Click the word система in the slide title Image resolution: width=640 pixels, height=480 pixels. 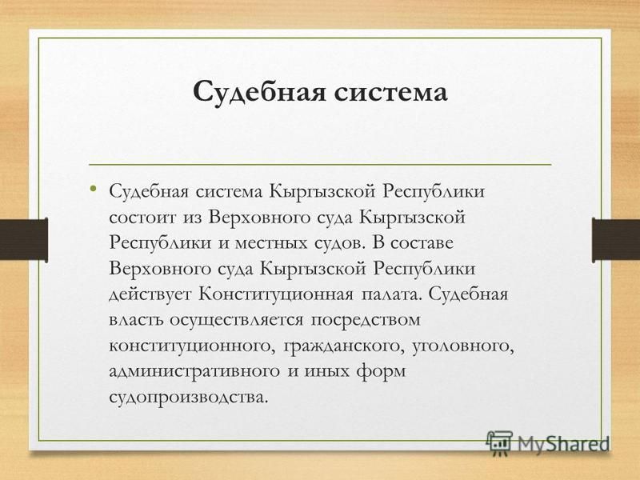391,92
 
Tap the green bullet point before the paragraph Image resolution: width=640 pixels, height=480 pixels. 94,188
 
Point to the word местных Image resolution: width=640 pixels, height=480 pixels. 271,243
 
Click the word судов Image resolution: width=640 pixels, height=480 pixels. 338,243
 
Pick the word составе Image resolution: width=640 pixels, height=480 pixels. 422,243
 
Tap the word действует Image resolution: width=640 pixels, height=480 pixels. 150,294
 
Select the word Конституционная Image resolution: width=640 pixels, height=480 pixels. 276,294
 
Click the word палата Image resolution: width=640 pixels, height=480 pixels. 391,294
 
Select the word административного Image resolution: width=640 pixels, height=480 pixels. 194,372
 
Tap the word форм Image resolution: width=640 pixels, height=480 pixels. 381,372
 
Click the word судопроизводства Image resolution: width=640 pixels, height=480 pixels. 189,398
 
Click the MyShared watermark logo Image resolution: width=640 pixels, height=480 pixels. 547,444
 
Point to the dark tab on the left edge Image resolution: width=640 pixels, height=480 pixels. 24,240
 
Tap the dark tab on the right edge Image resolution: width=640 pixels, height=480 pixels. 616,240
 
